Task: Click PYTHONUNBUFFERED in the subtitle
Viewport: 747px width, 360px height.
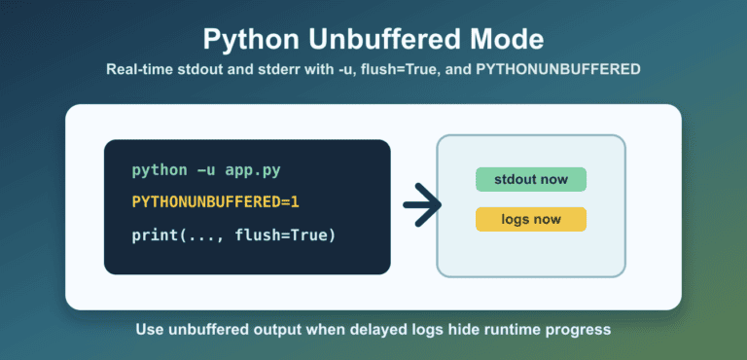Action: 558,70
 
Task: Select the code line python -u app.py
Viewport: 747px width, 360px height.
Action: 206,170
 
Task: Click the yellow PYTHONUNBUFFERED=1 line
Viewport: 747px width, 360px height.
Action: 215,202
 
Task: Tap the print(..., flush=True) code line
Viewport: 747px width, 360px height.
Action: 233,235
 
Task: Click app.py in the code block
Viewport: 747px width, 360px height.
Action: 253,171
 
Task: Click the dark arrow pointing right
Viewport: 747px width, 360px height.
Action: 422,204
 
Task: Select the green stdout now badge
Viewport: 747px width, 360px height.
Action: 531,180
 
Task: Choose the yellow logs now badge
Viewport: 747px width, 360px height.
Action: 531,219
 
